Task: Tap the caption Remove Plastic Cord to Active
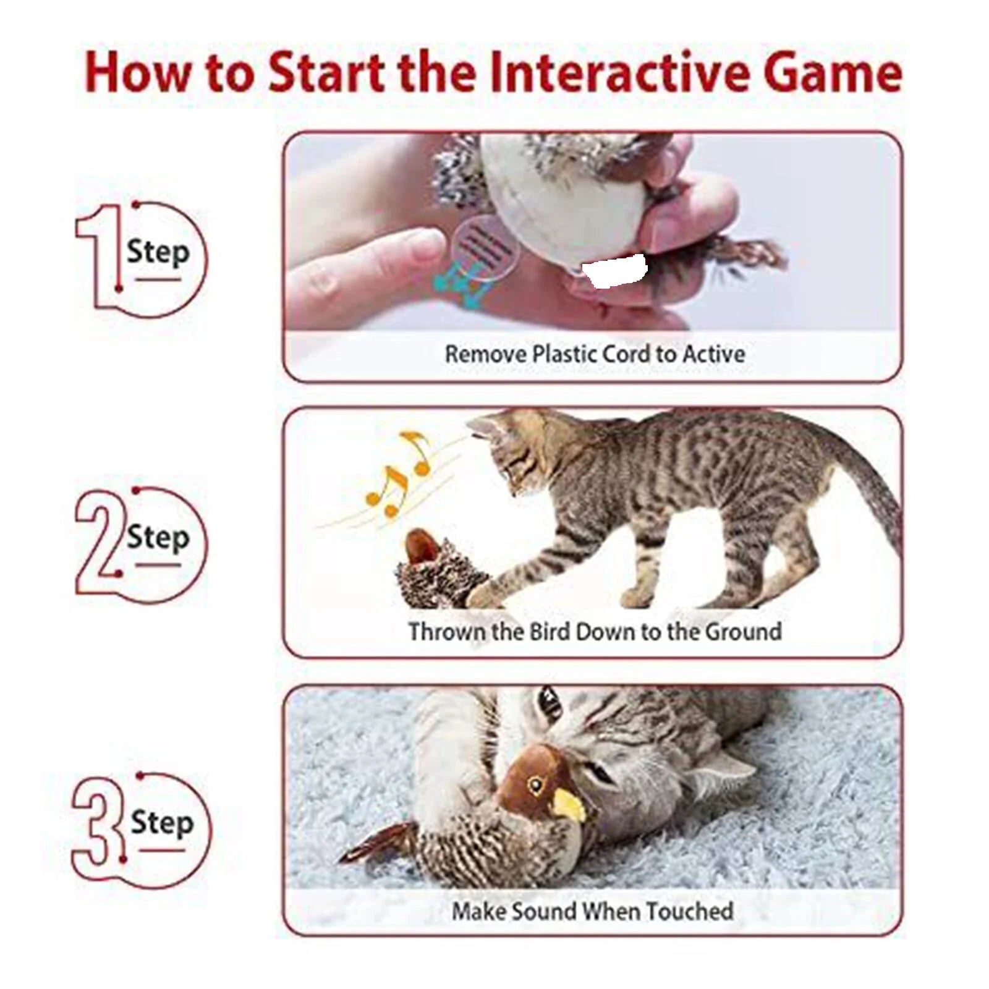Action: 595,354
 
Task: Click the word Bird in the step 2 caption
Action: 550,632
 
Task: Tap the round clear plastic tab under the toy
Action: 483,247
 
